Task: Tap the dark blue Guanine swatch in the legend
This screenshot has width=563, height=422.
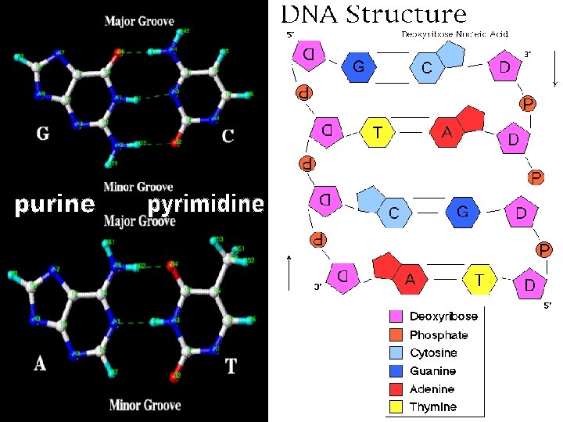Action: click(396, 371)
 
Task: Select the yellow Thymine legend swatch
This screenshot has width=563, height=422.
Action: click(396, 407)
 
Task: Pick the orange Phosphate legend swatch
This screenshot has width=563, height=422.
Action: click(396, 335)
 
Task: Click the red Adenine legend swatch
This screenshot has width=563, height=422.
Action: click(396, 389)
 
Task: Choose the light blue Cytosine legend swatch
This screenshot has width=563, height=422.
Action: click(396, 353)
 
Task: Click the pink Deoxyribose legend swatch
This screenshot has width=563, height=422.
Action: click(396, 317)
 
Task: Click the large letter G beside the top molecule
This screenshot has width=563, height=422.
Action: click(43, 134)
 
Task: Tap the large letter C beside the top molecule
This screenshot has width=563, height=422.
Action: click(228, 136)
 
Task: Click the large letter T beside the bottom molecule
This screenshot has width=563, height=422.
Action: click(231, 365)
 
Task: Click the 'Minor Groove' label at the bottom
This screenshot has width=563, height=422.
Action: click(145, 405)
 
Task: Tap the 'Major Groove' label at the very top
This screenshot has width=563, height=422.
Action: click(139, 21)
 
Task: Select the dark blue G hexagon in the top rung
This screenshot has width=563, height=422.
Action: click(358, 68)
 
